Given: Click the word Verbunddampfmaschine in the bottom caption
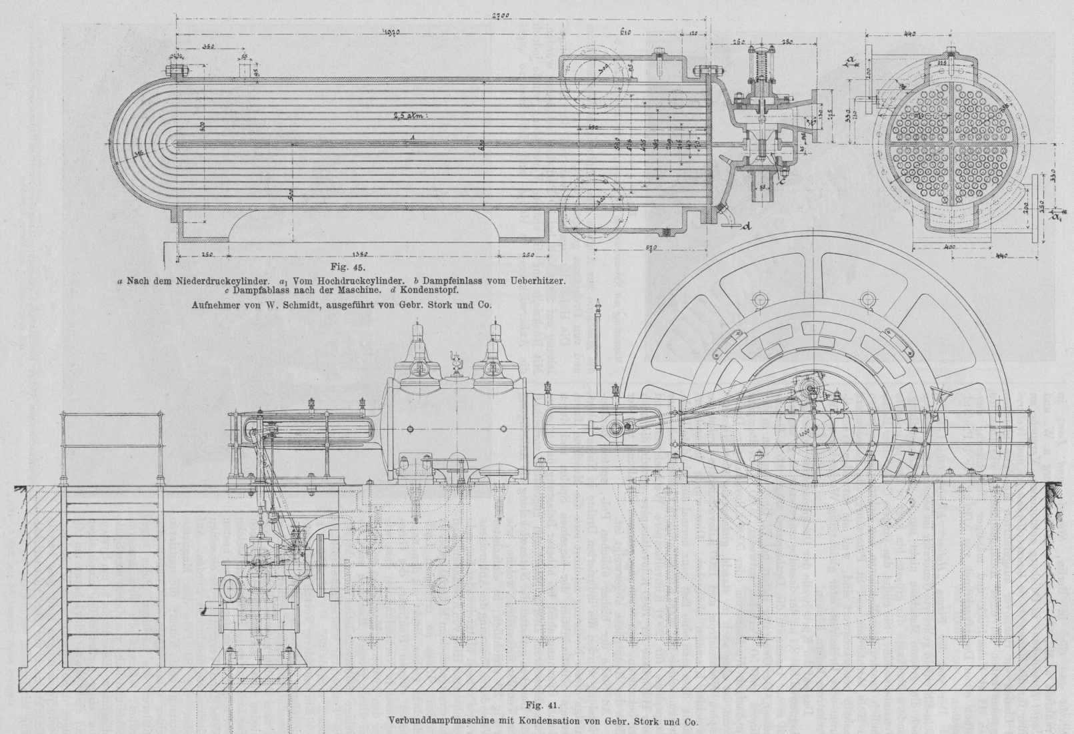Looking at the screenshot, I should (x=443, y=720).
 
